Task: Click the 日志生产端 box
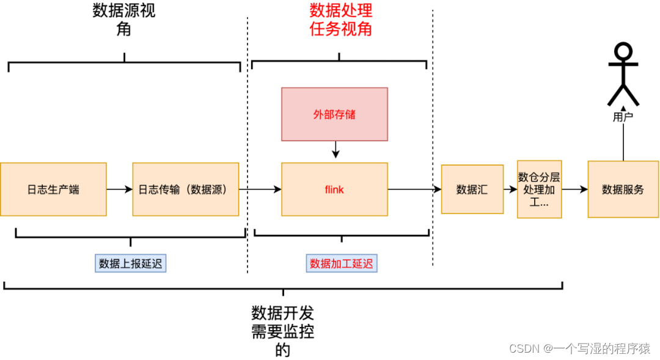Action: [53, 189]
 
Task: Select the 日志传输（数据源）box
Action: [185, 189]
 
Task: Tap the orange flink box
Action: [334, 189]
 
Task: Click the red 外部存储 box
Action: [334, 114]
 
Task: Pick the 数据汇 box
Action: [472, 189]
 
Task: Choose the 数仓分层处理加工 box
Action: [539, 189]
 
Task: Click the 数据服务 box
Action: [623, 189]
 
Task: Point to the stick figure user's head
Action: [623, 51]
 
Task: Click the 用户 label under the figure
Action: [623, 117]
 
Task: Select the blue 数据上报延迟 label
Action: [131, 263]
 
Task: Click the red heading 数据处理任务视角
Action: [340, 20]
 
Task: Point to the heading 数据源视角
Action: [124, 20]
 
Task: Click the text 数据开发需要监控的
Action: [282, 331]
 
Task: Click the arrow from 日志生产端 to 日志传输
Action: [119, 189]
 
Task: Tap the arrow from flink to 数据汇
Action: [414, 189]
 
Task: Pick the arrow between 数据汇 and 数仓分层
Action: [510, 189]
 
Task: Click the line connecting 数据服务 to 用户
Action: [623, 142]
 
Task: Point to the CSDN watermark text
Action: [579, 348]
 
